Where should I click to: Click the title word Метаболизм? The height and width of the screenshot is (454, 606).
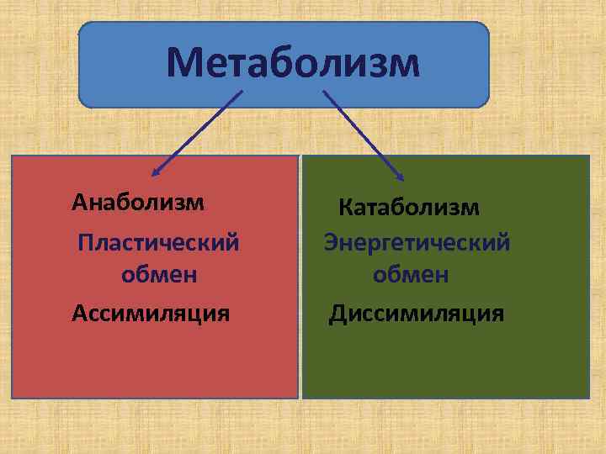292,63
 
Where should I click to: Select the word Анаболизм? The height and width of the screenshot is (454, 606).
138,202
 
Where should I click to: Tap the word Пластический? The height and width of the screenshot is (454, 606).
158,243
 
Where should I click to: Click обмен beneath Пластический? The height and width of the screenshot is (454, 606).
159,274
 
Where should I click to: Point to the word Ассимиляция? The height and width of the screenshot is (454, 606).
151,314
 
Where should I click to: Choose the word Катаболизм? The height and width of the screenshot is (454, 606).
409,207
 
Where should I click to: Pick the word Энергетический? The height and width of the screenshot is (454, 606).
417,243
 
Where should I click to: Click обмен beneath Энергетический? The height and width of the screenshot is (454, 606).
411,274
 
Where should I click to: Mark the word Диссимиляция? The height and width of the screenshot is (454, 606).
417,314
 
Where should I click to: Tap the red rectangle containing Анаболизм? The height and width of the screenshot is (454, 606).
156,362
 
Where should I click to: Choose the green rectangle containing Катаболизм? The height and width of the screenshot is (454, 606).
446,362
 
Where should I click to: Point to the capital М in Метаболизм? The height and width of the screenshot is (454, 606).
184,63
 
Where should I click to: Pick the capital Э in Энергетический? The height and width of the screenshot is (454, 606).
332,243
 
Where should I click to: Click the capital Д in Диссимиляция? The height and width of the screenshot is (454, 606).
337,314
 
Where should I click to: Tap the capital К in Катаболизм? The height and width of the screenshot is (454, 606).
345,207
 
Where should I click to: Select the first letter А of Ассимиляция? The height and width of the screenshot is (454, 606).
79,314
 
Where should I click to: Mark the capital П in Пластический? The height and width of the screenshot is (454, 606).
84,243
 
